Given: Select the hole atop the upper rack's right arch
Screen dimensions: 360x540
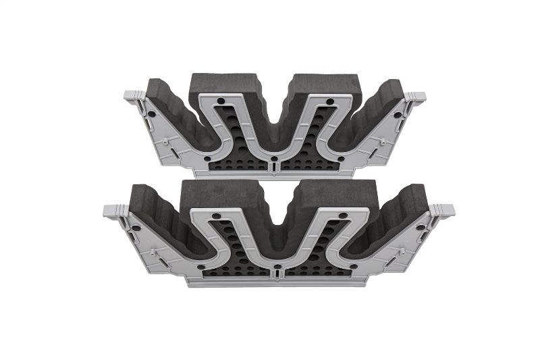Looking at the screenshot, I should point(329,102).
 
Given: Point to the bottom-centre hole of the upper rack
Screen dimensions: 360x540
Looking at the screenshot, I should point(275,161).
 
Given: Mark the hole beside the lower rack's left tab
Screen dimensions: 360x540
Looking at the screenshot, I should point(138,228).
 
